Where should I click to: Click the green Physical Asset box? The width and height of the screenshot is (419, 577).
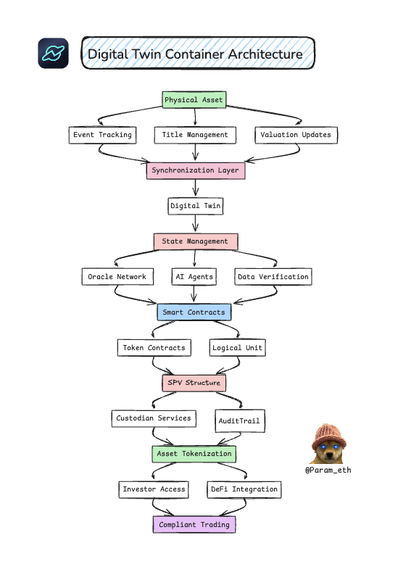tap(194, 100)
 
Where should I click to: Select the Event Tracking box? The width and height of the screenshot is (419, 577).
tap(102, 135)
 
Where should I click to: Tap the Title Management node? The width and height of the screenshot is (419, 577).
tap(195, 135)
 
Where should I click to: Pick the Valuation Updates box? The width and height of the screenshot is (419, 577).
tap(296, 135)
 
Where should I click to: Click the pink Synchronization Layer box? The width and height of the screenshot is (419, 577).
tap(196, 171)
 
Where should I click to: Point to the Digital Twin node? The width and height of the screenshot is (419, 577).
tap(195, 206)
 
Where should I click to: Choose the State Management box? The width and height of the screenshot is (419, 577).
tap(196, 242)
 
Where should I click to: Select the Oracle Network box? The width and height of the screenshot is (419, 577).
tap(117, 277)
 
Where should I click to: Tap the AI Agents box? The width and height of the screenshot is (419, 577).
tap(194, 277)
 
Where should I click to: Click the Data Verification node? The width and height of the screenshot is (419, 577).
tap(273, 277)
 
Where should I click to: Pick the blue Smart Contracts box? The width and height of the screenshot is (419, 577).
tap(194, 312)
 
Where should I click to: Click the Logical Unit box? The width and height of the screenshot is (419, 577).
tap(237, 348)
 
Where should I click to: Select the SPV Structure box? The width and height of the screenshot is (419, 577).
tap(194, 383)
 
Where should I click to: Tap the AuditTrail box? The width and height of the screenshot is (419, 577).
tap(239, 421)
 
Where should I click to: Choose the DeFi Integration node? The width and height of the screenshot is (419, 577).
tap(244, 490)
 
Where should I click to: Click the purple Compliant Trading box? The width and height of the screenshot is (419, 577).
tap(194, 525)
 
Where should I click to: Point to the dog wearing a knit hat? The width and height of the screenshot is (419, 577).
tap(328, 444)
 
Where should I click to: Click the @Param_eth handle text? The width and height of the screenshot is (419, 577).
tap(328, 470)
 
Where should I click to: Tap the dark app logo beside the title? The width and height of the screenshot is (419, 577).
tap(54, 54)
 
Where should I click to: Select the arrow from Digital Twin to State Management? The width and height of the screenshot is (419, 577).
tap(195, 224)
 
